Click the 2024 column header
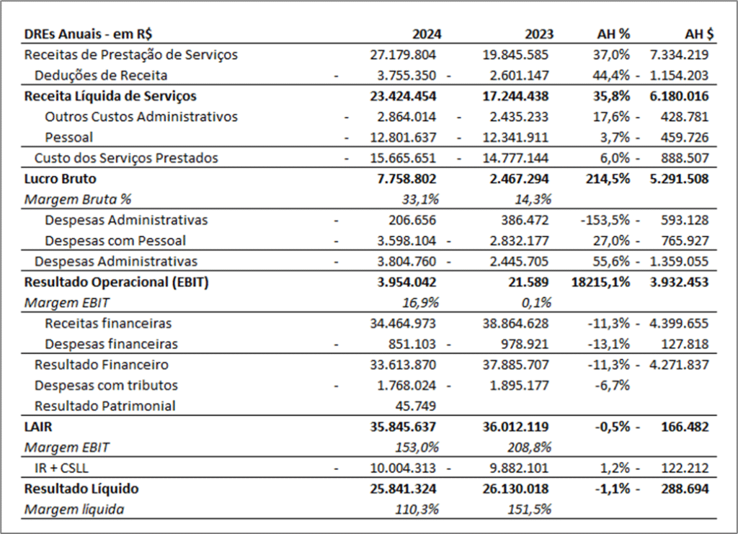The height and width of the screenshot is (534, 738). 427,34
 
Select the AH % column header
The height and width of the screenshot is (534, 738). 613,34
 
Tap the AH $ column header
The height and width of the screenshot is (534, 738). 699,34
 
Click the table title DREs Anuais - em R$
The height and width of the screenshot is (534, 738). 88,34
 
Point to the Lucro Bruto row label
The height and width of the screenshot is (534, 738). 60,179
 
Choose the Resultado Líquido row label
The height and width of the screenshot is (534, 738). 81,489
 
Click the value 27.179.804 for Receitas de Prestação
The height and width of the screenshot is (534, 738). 403,55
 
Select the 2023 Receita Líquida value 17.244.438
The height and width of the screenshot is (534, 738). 515,96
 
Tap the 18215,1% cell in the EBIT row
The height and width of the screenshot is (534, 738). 600,282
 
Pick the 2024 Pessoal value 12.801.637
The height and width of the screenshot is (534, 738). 403,138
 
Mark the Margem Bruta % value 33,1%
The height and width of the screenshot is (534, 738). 420,200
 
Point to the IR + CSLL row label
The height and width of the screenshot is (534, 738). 61,468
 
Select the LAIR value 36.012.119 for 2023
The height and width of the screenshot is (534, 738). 515,427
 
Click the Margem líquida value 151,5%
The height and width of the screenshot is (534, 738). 529,509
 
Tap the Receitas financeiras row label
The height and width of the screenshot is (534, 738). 108,324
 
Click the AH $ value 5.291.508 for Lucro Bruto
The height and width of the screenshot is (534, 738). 679,179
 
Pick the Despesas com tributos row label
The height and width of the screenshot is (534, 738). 106,386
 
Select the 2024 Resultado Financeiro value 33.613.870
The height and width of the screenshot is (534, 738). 403,365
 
